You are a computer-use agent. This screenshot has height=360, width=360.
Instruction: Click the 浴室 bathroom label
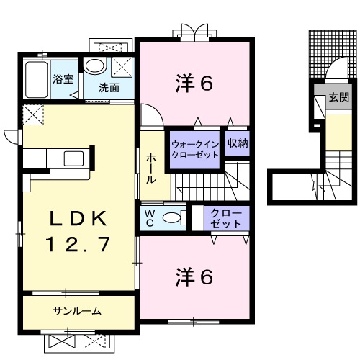[63, 79]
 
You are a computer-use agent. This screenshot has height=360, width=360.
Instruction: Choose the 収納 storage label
[238, 143]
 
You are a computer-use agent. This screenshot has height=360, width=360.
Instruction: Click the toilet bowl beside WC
[171, 217]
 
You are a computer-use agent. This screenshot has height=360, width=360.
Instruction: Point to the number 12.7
[78, 245]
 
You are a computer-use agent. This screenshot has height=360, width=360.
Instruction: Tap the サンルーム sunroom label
[76, 312]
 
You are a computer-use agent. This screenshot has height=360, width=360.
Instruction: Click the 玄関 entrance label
[338, 96]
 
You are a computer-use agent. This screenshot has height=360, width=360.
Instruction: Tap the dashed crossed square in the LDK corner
[33, 114]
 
